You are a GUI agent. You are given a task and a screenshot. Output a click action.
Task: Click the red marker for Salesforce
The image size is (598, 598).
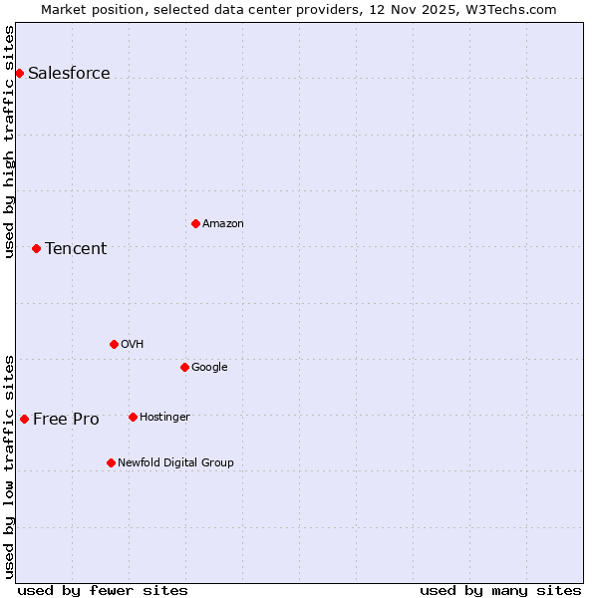[19, 73]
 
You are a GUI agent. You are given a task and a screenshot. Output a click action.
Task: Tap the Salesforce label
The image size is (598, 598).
[69, 74]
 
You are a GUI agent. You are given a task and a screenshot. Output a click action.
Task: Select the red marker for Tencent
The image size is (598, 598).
[36, 248]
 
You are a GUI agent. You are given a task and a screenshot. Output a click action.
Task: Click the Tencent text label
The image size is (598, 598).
[76, 249]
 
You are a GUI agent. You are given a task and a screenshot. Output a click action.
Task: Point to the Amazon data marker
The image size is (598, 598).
[195, 223]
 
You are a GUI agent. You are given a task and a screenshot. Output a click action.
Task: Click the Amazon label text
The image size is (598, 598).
[223, 224]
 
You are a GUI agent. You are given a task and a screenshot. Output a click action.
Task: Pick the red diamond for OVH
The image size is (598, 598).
[114, 344]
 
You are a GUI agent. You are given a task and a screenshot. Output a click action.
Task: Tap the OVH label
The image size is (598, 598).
[133, 345]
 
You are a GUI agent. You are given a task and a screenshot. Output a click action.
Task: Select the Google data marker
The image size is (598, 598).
[184, 367]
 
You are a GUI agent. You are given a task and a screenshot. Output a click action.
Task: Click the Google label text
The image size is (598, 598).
[209, 368]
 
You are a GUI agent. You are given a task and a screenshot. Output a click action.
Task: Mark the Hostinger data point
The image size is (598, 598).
[133, 417]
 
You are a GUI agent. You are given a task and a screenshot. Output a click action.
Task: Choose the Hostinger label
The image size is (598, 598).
[164, 418]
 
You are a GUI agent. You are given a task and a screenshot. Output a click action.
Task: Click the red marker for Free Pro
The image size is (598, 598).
[24, 419]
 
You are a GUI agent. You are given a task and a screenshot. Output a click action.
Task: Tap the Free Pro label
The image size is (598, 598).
[66, 420]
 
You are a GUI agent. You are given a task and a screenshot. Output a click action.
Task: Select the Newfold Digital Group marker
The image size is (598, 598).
[111, 462]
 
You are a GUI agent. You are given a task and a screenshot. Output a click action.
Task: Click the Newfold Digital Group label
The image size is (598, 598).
[175, 463]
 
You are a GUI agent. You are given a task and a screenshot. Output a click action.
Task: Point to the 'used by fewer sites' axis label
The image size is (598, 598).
[103, 590]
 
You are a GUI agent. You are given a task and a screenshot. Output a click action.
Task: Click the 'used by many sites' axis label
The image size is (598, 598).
[500, 590]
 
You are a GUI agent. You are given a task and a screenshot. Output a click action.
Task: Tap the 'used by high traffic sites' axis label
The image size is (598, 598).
[10, 142]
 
